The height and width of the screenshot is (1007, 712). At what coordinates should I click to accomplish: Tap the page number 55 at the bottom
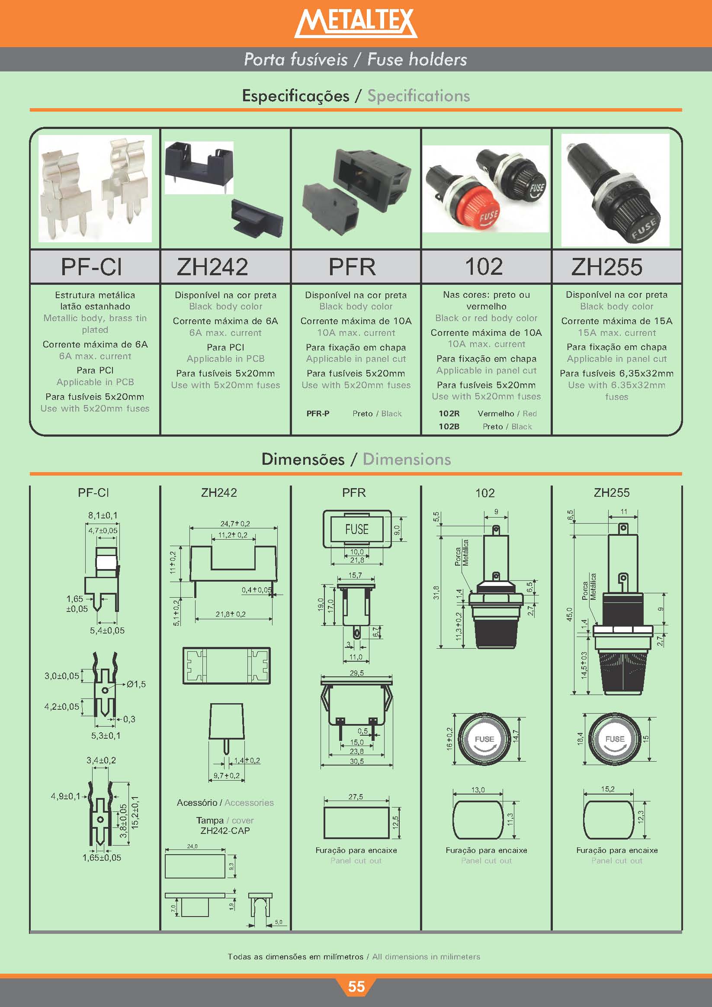356,986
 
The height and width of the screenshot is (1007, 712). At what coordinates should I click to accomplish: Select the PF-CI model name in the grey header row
91,267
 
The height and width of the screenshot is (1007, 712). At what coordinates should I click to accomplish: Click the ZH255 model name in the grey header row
607,267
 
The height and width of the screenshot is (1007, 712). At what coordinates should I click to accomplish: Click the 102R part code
449,413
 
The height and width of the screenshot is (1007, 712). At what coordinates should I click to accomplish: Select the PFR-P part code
318,413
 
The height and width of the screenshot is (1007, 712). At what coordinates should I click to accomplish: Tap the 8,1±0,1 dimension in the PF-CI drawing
103,515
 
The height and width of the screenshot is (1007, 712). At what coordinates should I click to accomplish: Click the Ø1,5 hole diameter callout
136,684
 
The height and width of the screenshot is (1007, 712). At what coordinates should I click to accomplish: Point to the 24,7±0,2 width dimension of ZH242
235,523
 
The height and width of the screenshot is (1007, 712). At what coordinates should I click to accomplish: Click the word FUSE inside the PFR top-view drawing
357,529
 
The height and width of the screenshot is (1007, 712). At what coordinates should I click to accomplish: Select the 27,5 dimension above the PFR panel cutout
356,797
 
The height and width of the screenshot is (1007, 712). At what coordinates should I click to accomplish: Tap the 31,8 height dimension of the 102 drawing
436,593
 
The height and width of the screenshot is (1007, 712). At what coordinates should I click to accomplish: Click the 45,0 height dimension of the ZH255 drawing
570,614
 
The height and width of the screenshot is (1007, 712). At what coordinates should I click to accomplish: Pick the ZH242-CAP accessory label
225,831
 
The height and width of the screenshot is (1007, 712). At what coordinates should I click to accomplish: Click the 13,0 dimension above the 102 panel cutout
478,790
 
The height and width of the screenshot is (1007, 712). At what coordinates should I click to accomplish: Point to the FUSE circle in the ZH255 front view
615,740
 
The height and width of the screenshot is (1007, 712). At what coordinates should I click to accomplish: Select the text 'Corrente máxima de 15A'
616,321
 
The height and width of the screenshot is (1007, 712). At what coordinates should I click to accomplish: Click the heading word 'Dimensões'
303,459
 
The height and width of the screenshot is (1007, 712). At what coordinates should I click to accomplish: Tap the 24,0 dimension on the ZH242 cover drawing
192,846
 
